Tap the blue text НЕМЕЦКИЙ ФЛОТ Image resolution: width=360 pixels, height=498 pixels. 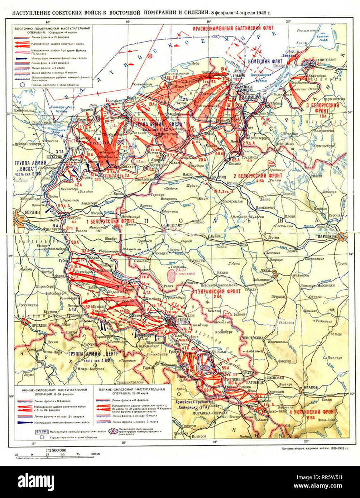265,61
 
